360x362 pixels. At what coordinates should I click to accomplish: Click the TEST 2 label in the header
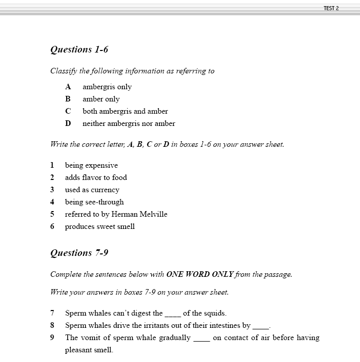click(331, 8)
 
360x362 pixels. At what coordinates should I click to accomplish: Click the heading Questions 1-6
click(79, 49)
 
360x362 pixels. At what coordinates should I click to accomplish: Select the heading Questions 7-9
click(79, 253)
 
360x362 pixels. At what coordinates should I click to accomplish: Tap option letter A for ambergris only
click(68, 87)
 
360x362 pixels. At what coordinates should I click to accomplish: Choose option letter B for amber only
click(68, 99)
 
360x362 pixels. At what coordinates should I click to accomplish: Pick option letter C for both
click(68, 111)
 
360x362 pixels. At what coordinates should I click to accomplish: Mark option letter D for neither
click(68, 123)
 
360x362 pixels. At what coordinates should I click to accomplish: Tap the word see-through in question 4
click(104, 202)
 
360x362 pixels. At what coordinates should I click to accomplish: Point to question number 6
click(52, 226)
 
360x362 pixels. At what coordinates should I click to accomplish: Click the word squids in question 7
click(215, 313)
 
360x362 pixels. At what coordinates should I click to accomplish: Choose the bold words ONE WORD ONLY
click(199, 274)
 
